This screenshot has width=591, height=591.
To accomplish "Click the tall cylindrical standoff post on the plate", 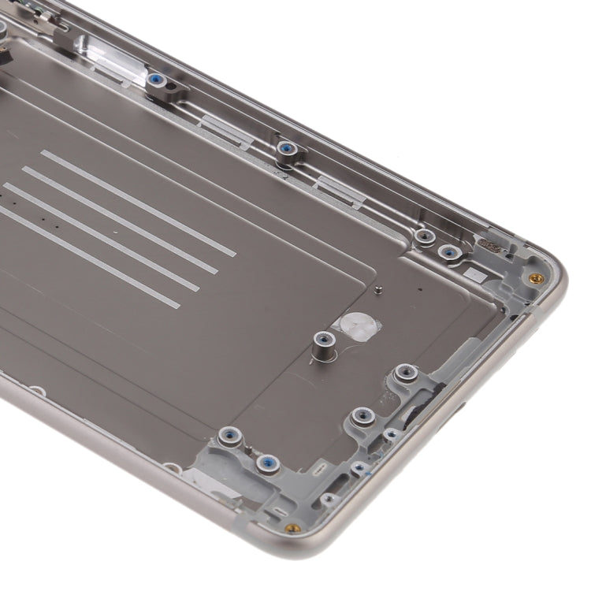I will pos(322,344).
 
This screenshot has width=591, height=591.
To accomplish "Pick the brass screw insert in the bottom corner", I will pos(292,528).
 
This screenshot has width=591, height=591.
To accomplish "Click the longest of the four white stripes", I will pos(139,203).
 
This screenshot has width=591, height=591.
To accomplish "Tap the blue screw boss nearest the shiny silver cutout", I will pos(156,80).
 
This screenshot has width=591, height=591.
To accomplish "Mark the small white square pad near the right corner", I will pos(476,275).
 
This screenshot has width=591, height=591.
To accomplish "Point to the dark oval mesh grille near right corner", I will pos(494,247).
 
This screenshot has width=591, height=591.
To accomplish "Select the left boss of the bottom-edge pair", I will pos(229,434).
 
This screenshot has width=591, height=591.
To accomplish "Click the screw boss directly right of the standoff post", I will pos(405,372).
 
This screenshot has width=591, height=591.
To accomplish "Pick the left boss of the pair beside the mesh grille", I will pos(425,236).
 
